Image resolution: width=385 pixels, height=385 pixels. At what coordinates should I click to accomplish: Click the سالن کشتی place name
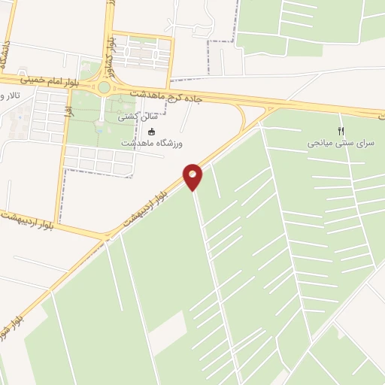[x=137, y=117]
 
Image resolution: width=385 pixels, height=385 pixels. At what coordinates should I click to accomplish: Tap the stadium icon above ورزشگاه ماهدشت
[x=153, y=132]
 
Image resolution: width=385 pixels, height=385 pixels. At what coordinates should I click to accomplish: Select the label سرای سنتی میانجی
[x=345, y=142]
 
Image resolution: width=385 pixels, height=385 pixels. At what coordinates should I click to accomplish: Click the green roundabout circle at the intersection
[x=104, y=87]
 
